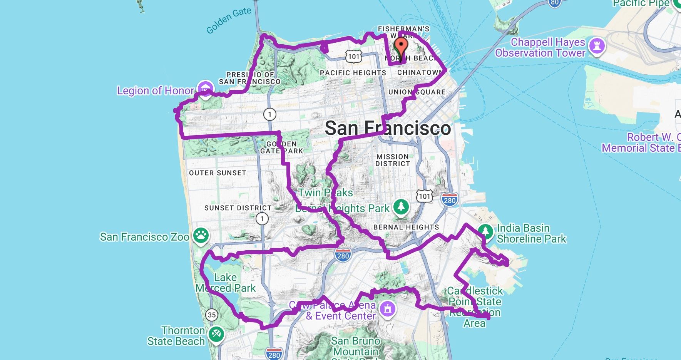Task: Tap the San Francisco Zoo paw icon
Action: (201, 235)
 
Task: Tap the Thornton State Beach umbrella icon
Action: (216, 335)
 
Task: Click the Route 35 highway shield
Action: (211, 315)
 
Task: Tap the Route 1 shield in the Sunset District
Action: (262, 219)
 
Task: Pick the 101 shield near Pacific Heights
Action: (353, 57)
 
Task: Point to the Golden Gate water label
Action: (229, 20)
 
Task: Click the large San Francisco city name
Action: (388, 128)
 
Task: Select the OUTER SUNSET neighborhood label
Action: (218, 173)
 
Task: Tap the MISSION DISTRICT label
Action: (393, 160)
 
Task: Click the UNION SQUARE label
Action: (417, 92)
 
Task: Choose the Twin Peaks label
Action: (326, 193)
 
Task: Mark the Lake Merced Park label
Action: (226, 283)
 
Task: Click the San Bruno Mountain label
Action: (356, 346)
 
